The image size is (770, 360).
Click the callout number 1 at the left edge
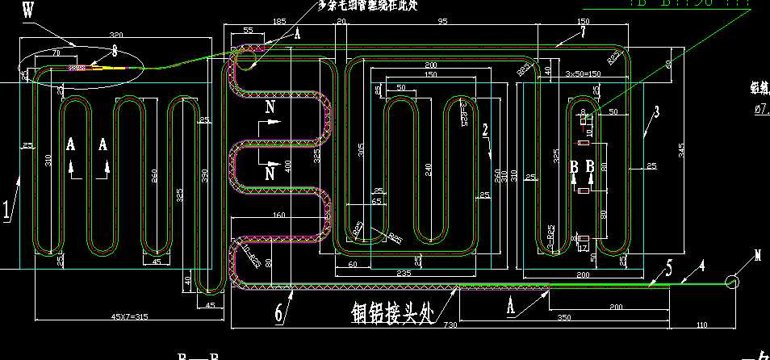(x=7, y=211)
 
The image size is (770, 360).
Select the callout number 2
(x=484, y=129)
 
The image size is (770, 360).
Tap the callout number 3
(x=656, y=112)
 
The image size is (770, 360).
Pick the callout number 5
(x=668, y=269)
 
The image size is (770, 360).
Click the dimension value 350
(x=563, y=316)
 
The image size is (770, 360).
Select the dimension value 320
(x=115, y=36)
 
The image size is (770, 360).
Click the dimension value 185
(x=279, y=21)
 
